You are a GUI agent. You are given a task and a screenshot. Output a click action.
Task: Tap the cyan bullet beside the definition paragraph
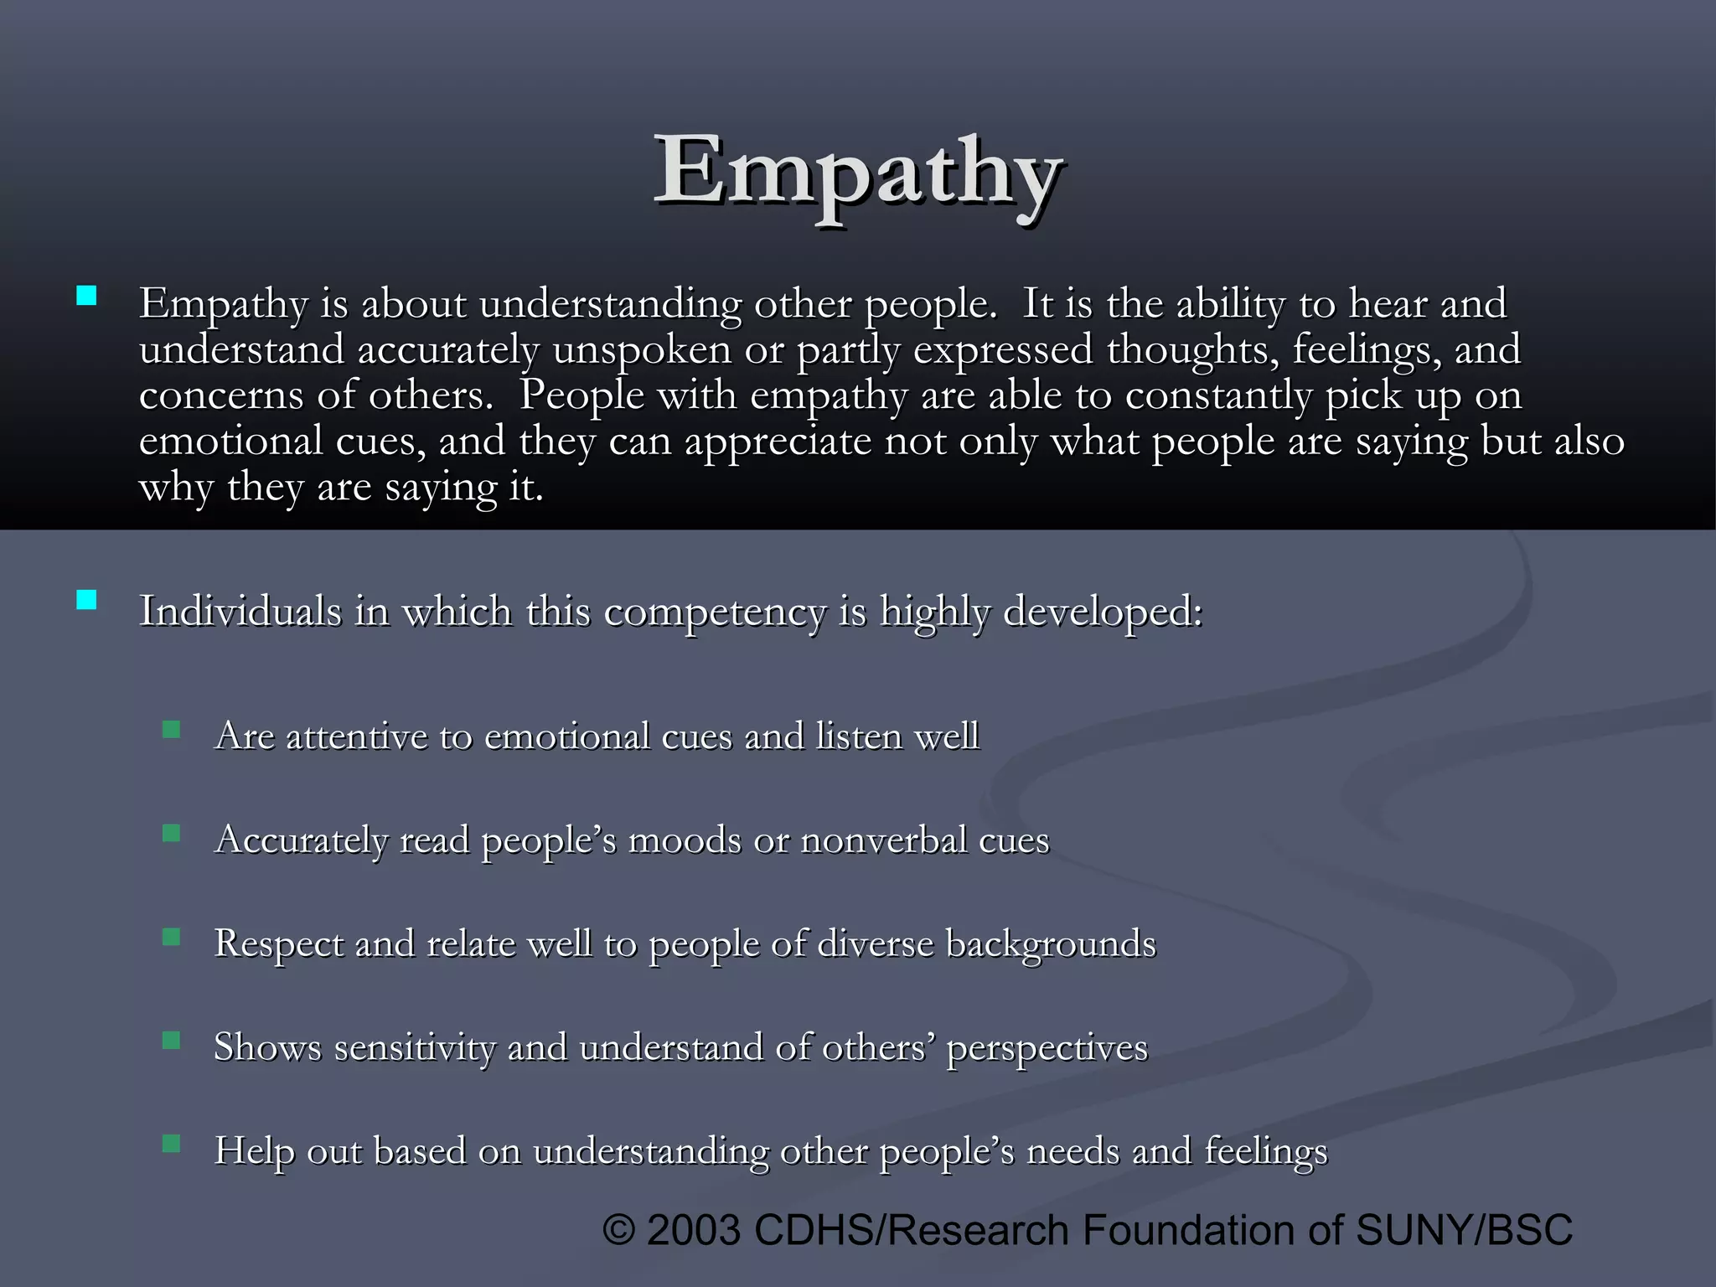pyautogui.click(x=86, y=296)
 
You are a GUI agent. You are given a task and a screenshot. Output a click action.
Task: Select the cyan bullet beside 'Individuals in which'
pyautogui.click(x=86, y=600)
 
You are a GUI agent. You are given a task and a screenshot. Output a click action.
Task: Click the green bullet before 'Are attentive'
pyautogui.click(x=172, y=730)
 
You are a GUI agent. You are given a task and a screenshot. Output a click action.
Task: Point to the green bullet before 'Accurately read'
pyautogui.click(x=172, y=833)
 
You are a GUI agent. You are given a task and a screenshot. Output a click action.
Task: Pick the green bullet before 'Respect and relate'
pyautogui.click(x=172, y=937)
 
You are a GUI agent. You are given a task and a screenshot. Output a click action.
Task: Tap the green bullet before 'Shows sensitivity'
pyautogui.click(x=172, y=1041)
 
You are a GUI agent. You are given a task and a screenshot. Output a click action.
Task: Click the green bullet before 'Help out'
pyautogui.click(x=172, y=1144)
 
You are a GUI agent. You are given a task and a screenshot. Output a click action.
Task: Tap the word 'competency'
pyautogui.click(x=715, y=612)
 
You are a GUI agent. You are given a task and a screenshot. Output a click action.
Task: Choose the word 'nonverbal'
pyautogui.click(x=883, y=840)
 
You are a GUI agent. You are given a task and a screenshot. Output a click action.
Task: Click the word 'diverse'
pyautogui.click(x=875, y=943)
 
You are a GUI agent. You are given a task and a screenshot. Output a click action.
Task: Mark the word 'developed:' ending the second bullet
pyautogui.click(x=1104, y=612)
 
